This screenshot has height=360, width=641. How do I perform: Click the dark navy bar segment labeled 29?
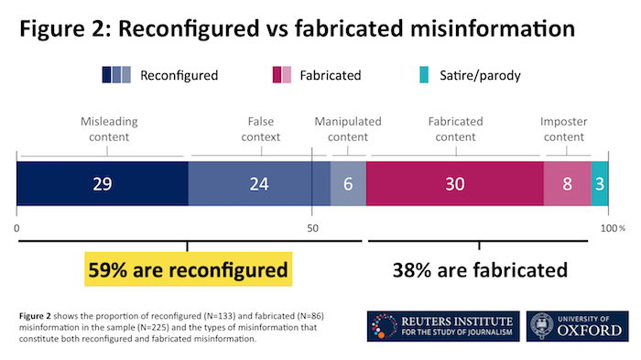(x=103, y=183)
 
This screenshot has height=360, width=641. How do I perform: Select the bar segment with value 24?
(x=259, y=183)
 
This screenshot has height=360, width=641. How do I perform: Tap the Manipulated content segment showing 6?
(x=348, y=183)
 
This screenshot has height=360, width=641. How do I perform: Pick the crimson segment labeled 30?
(x=454, y=183)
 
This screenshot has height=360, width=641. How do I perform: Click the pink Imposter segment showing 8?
(x=567, y=183)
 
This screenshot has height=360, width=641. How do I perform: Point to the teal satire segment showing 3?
(x=599, y=183)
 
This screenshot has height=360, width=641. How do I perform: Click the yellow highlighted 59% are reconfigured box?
(x=188, y=270)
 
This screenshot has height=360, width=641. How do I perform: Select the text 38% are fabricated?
(x=481, y=270)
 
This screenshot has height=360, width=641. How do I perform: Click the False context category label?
(x=261, y=128)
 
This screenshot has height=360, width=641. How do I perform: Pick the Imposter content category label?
(x=565, y=128)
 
